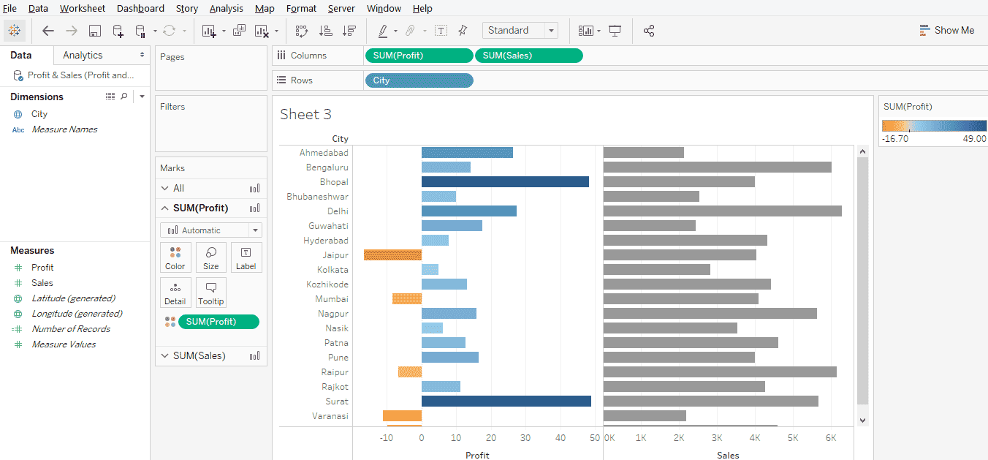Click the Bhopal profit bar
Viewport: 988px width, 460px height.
click(505, 182)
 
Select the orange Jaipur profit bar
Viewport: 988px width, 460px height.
click(392, 255)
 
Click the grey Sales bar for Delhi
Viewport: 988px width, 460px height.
click(722, 211)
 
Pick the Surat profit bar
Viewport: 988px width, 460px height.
click(506, 401)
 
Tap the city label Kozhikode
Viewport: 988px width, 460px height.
click(327, 284)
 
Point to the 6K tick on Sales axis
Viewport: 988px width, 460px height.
click(830, 437)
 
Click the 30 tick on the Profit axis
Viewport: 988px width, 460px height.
click(526, 437)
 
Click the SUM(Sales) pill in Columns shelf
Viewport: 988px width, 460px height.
click(528, 56)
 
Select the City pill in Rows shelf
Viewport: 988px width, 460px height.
click(418, 80)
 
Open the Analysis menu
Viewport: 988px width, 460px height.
click(226, 9)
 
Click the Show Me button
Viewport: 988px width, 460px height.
click(947, 30)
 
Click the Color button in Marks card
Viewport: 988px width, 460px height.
click(175, 257)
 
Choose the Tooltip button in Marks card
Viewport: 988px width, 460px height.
click(211, 292)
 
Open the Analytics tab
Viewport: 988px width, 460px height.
click(83, 56)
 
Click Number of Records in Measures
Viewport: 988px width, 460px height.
click(71, 329)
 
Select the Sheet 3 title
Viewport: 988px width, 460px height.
click(305, 115)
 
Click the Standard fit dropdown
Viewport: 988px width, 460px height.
click(520, 30)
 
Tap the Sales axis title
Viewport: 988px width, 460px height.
click(728, 455)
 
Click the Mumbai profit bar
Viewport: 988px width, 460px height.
click(407, 299)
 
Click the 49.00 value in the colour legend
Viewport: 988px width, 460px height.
click(974, 138)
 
